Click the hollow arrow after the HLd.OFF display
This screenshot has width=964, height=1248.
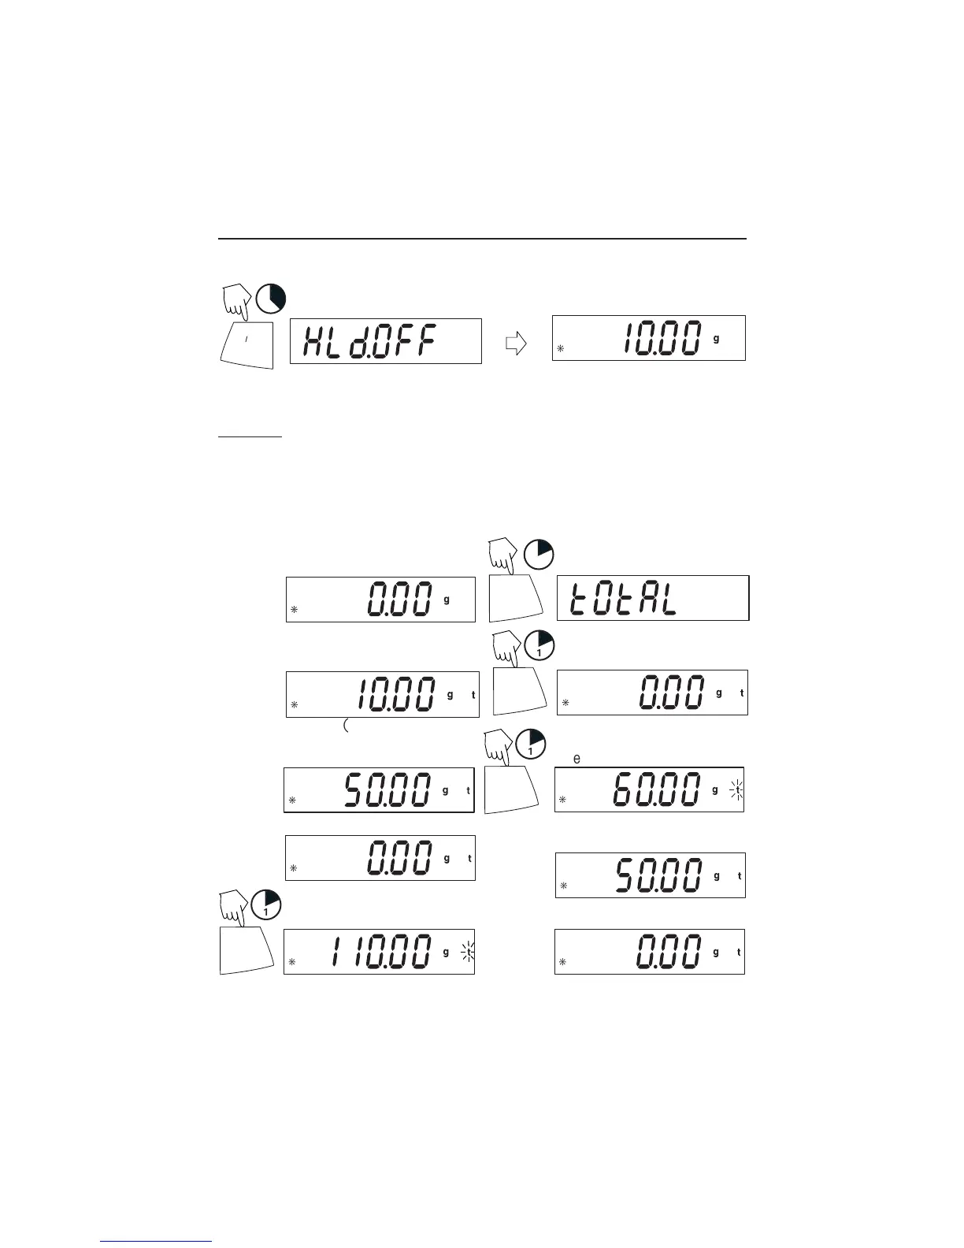click(x=515, y=344)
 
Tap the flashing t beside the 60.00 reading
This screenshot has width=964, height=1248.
click(x=736, y=789)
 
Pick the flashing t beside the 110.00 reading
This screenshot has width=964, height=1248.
click(x=468, y=953)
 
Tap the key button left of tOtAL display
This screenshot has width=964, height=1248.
click(x=516, y=599)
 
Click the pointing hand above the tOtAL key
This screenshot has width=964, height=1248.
click(x=502, y=553)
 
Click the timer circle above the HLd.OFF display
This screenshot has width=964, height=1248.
click(x=270, y=298)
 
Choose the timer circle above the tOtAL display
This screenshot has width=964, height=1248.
click(x=539, y=553)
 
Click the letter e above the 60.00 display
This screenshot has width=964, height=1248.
click(x=577, y=759)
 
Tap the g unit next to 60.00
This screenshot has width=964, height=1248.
click(x=715, y=789)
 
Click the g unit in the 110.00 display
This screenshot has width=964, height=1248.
click(x=446, y=952)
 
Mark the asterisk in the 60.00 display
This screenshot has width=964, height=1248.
click(x=563, y=800)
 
